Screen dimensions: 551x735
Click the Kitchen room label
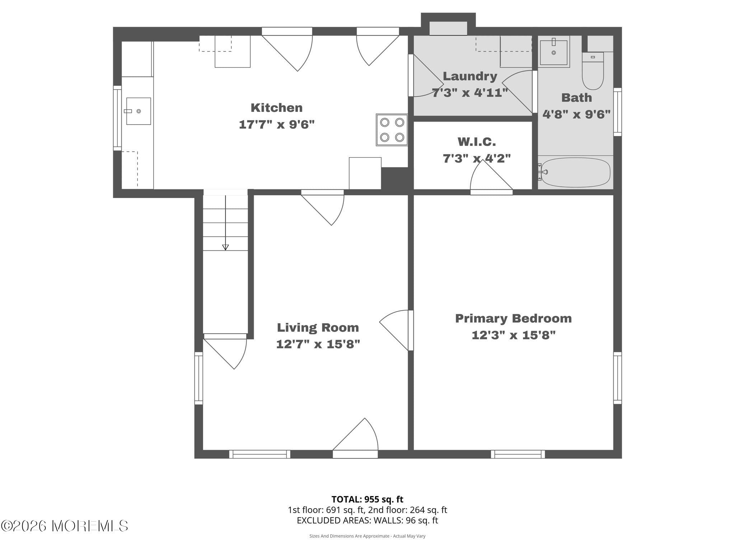(x=276, y=108)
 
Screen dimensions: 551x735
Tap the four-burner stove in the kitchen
(x=392, y=130)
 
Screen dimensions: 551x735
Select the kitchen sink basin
(x=138, y=111)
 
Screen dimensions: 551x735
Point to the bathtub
(x=575, y=173)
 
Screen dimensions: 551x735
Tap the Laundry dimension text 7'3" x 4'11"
(x=470, y=93)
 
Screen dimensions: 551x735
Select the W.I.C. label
(x=477, y=142)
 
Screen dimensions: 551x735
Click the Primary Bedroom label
(x=513, y=318)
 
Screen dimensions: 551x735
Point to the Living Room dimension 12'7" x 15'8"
(x=318, y=344)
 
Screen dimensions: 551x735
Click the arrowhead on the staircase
(x=225, y=247)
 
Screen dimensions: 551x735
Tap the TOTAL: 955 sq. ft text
(x=367, y=499)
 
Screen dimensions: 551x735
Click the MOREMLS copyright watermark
(x=65, y=526)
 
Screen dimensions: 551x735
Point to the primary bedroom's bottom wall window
(x=518, y=454)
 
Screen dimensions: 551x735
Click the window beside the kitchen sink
(x=117, y=118)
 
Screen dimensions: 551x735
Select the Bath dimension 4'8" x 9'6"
(x=576, y=114)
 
